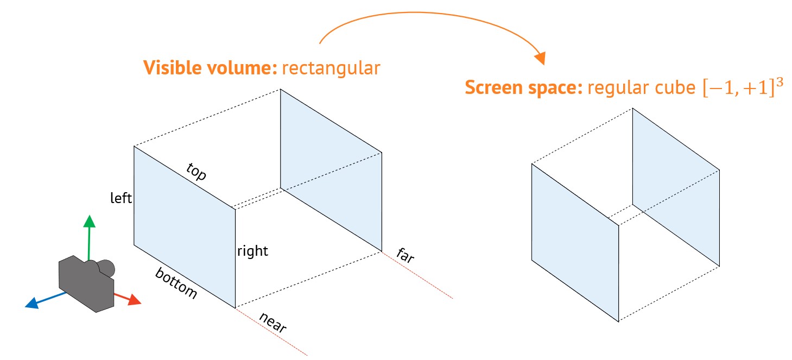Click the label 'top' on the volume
(x=197, y=172)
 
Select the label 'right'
(x=252, y=251)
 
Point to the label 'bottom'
(x=176, y=283)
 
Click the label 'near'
(x=273, y=323)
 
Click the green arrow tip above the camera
(x=89, y=221)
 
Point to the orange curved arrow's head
(x=540, y=58)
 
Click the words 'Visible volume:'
(x=211, y=69)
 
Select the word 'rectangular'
(x=331, y=69)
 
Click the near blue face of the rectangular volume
(x=185, y=227)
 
